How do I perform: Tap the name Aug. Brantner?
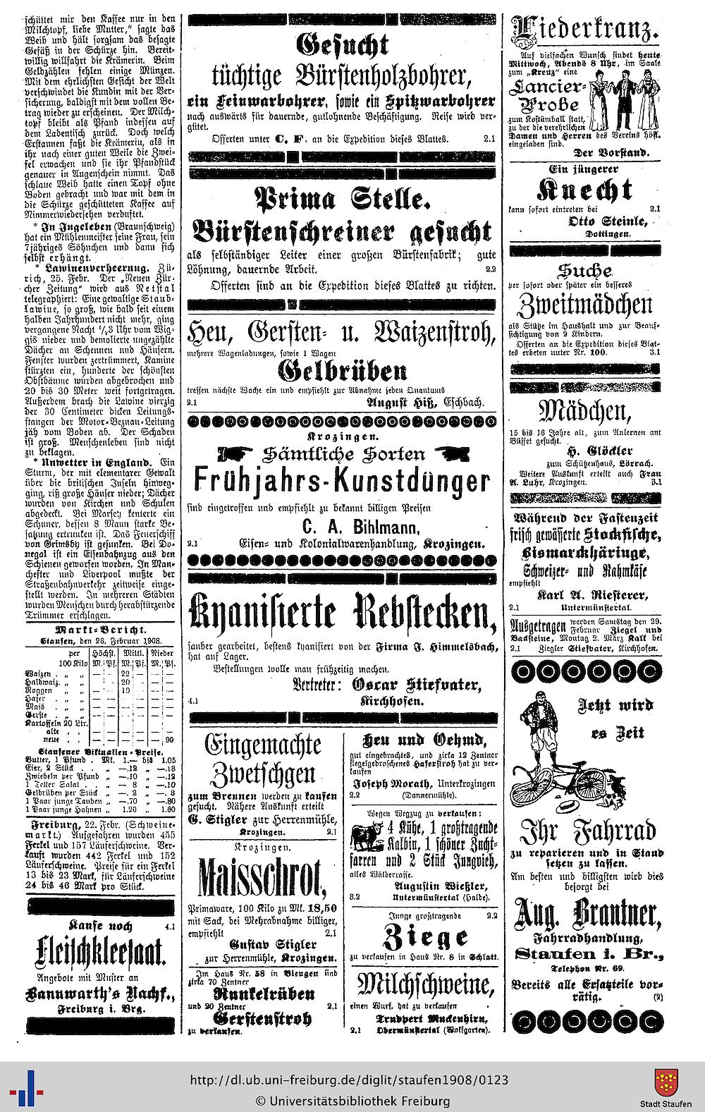click(x=586, y=915)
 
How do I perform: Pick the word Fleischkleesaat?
click(x=101, y=954)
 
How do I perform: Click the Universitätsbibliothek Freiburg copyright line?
click(x=352, y=1100)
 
